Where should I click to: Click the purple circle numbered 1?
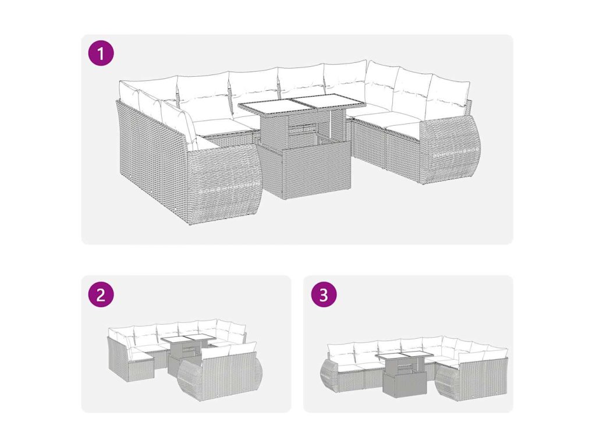pyautogui.click(x=101, y=54)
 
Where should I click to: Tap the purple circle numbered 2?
pyautogui.click(x=101, y=294)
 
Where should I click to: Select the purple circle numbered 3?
pyautogui.click(x=324, y=294)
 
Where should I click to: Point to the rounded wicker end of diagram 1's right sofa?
pyautogui.click(x=449, y=150)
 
